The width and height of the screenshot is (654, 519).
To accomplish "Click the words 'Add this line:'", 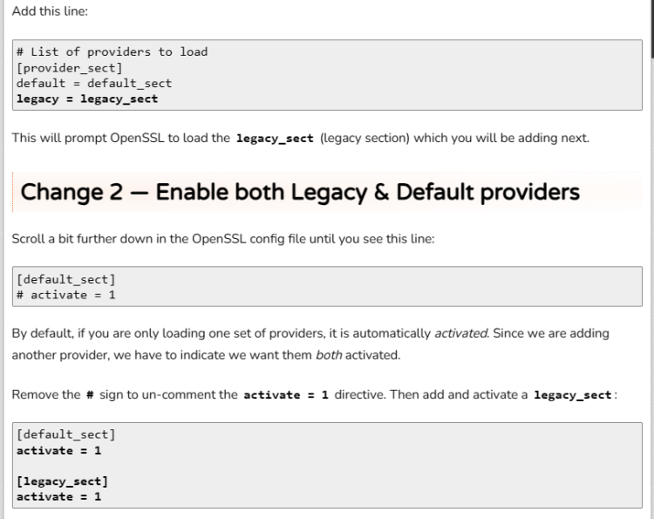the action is click(50, 11).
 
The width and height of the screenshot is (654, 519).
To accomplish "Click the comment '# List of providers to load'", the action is click(112, 51).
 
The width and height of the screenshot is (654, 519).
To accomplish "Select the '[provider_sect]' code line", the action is click(69, 67).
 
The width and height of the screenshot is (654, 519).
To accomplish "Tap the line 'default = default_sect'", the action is click(94, 83).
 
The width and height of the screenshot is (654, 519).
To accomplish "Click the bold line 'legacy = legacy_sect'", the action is click(87, 99).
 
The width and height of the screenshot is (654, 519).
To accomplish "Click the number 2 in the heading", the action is click(115, 192).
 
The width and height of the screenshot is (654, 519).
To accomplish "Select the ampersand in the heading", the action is click(382, 192).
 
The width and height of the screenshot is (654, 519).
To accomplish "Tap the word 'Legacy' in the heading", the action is click(329, 193).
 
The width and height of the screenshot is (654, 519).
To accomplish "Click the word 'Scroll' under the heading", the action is click(28, 239).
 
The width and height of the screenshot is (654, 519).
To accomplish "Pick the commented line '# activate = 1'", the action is click(66, 295).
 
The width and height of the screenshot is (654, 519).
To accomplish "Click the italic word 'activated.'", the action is click(461, 333).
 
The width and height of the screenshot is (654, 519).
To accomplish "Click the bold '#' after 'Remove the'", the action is click(90, 394).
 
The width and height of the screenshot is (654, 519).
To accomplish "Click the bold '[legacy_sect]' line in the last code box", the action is click(62, 481).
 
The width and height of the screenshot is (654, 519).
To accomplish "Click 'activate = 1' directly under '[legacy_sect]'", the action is click(58, 496).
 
